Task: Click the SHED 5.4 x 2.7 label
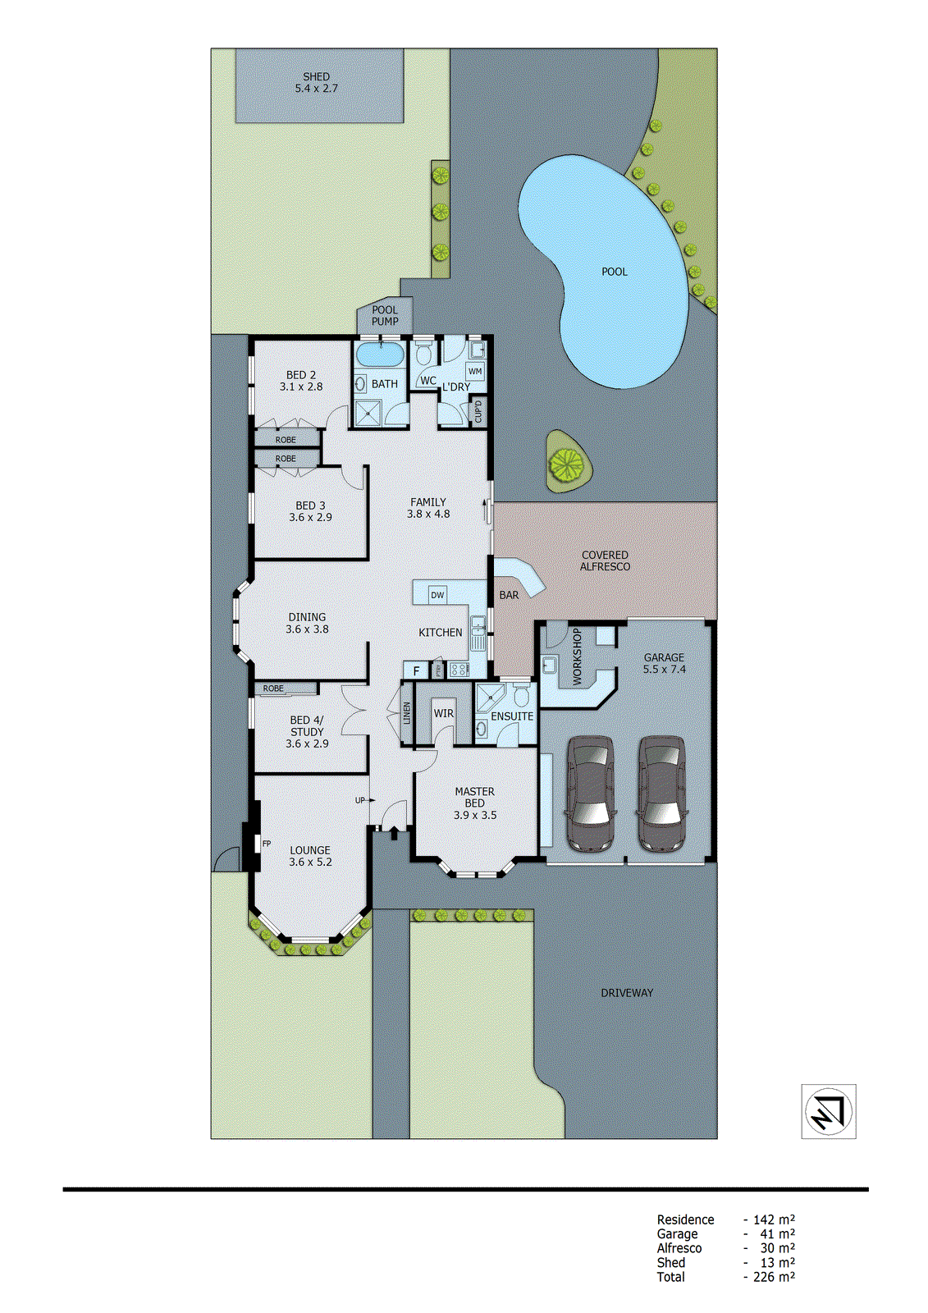pos(316,82)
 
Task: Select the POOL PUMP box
pos(384,316)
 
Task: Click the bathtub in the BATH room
pos(379,356)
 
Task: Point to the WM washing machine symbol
pos(475,371)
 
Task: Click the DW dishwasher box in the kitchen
pos(437,595)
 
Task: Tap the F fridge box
pos(416,670)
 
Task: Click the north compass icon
pos(828,1111)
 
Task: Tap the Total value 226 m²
pos(773,1277)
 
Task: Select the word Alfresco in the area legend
pos(679,1248)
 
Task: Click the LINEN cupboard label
pos(407,712)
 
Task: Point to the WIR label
pos(443,713)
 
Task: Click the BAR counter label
pos(509,595)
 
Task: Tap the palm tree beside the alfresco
pos(566,464)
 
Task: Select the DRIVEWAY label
pos(627,993)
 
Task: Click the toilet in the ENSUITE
pos(520,698)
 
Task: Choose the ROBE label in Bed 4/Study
pos(273,689)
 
